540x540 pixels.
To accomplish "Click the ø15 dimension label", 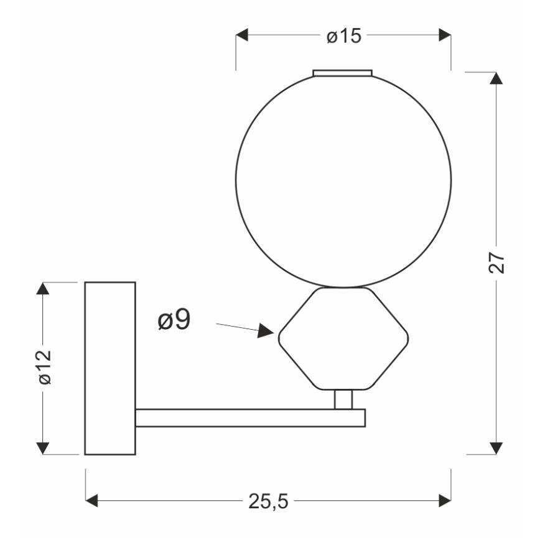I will tap(343, 37).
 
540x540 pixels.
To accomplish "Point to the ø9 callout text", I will tap(174, 320).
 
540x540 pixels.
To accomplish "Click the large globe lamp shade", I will tap(343, 180).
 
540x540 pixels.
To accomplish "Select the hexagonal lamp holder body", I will tap(343, 340).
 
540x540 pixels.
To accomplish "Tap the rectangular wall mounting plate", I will tap(110, 368).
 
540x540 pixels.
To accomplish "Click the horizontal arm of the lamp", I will tap(249, 418).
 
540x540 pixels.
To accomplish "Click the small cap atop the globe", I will tap(343, 73).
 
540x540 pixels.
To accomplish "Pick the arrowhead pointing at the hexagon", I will tap(267, 330).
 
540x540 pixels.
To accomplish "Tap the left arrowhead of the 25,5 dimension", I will tap(92, 500).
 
